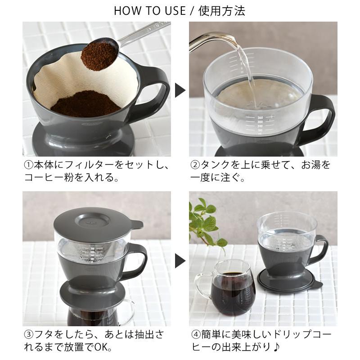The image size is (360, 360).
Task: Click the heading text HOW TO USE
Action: (149, 11)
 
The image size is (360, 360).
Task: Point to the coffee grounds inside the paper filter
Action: (85, 103)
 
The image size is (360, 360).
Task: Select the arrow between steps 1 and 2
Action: (180, 90)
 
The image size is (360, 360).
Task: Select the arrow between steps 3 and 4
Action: (180, 260)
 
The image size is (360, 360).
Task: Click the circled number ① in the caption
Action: (28, 165)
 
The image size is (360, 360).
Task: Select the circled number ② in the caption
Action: (194, 165)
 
